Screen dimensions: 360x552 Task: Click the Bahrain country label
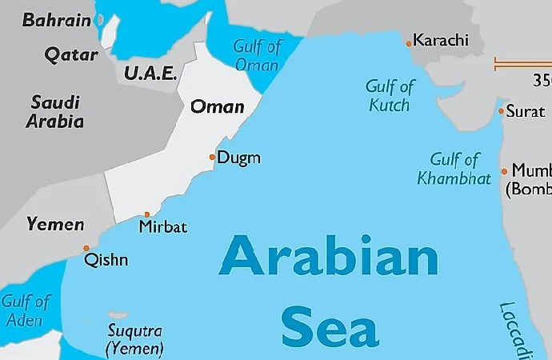(57, 21)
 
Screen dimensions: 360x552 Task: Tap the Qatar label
(71, 55)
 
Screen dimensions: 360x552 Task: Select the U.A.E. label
(150, 73)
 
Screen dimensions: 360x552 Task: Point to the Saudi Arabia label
(55, 111)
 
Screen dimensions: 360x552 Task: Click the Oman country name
(217, 106)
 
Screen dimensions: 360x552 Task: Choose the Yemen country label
(54, 224)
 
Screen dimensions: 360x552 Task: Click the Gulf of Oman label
(256, 55)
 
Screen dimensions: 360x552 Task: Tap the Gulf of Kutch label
(390, 95)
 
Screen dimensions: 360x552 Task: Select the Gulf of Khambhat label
(454, 169)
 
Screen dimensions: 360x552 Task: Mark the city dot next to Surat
(501, 111)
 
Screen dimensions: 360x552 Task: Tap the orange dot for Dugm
(212, 158)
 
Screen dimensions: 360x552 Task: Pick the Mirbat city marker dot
(146, 214)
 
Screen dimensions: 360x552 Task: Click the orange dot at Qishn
(86, 248)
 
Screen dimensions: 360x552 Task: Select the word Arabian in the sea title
(328, 257)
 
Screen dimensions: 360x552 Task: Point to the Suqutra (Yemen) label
(134, 339)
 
